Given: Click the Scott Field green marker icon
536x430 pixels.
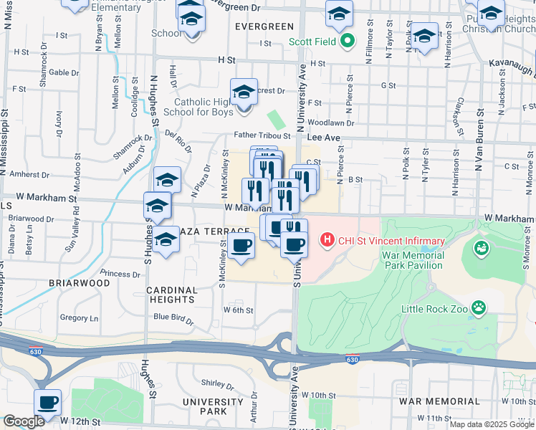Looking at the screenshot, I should coord(347,41).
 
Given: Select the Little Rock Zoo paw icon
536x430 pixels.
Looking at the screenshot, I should coord(478,309).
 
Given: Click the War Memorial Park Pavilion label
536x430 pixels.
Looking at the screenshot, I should coord(412,260).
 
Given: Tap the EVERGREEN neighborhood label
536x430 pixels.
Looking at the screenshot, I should coord(264,27).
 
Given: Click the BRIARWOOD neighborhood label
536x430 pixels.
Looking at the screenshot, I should coord(79,283).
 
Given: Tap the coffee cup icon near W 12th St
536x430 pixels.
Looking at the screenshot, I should coord(48,402).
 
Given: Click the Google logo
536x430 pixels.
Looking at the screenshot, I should coord(23,421).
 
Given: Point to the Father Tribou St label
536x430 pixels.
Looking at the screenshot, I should coord(262,135).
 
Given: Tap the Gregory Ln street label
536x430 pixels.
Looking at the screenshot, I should coord(80,317).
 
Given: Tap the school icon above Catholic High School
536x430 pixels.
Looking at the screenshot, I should coord(244,91).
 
